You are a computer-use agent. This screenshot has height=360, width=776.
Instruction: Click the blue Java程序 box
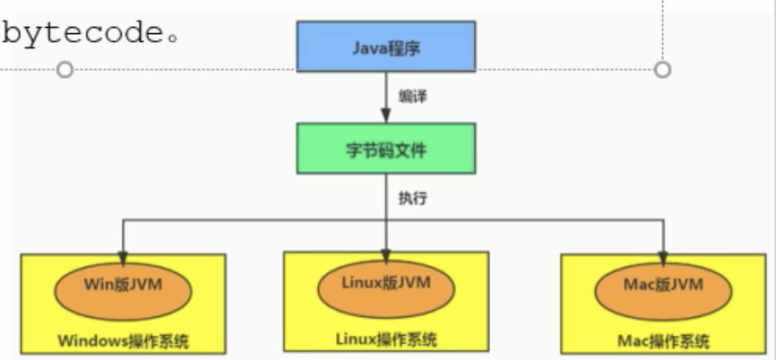[385, 47]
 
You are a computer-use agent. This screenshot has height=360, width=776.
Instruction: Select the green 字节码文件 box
[385, 150]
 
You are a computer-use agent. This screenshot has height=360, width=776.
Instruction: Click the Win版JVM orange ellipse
[124, 287]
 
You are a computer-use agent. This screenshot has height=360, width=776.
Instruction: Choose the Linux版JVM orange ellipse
[386, 284]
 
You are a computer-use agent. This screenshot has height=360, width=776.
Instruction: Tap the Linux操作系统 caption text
[386, 339]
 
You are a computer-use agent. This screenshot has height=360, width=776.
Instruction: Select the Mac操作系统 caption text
[662, 341]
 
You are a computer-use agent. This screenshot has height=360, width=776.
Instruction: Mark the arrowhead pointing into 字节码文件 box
[385, 116]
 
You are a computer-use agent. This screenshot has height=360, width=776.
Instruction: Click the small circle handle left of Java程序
[65, 69]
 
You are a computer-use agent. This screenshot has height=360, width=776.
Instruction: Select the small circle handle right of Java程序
[662, 69]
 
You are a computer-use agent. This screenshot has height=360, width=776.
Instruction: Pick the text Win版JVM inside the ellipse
[124, 287]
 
